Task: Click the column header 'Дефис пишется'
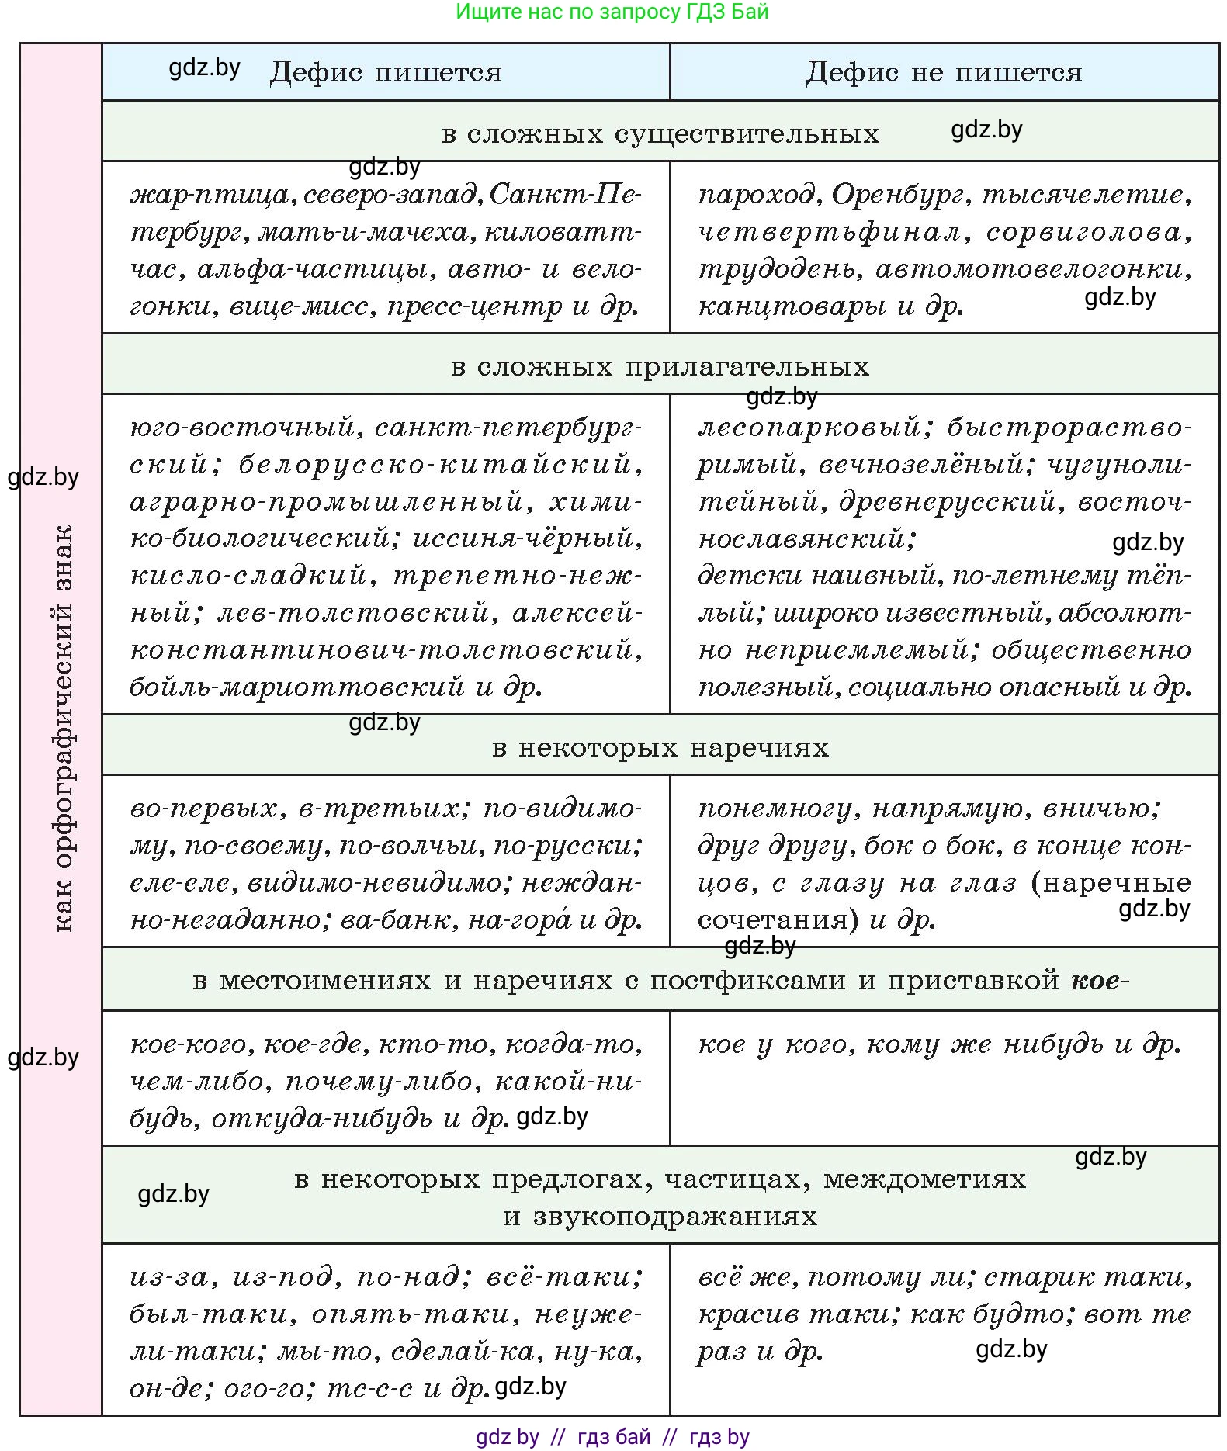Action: coord(385,72)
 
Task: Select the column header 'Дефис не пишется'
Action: coord(943,72)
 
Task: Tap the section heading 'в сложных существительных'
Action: coord(660,133)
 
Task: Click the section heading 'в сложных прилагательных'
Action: coord(660,366)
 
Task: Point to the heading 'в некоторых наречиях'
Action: coord(660,747)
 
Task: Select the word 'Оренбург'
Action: coord(899,194)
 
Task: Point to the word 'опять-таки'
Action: coord(411,1314)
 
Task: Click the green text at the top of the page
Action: coord(612,12)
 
